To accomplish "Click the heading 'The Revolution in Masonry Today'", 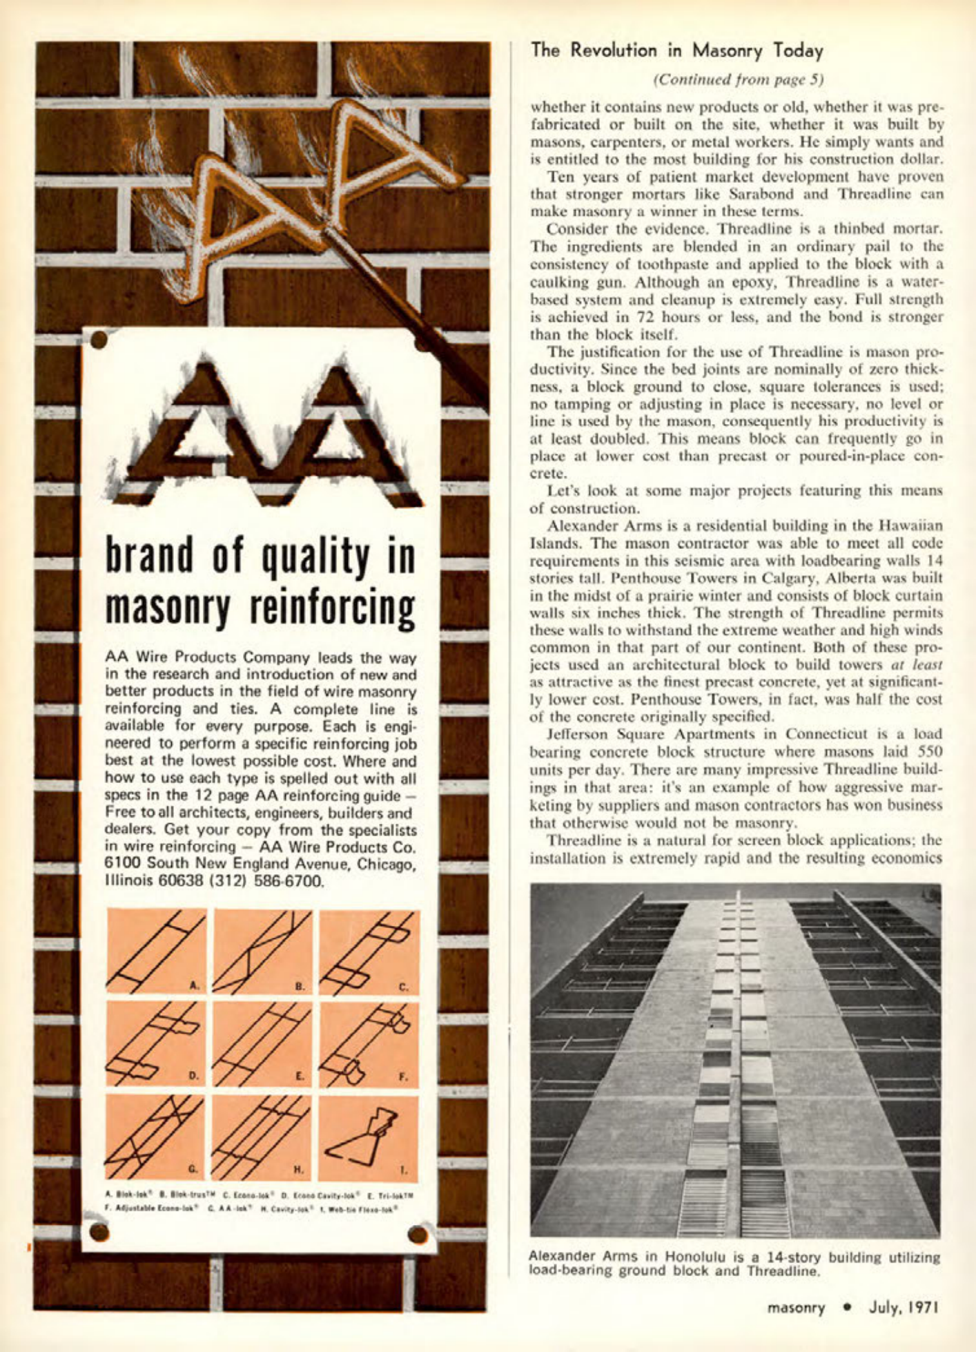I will point(677,50).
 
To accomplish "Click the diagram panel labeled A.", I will point(156,952).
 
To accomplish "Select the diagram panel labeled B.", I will point(262,952).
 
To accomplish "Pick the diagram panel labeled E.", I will point(262,1044).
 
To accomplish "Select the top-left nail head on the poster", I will point(99,340).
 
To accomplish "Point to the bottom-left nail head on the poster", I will point(100,1233).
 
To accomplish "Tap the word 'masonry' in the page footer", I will point(797,1308).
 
